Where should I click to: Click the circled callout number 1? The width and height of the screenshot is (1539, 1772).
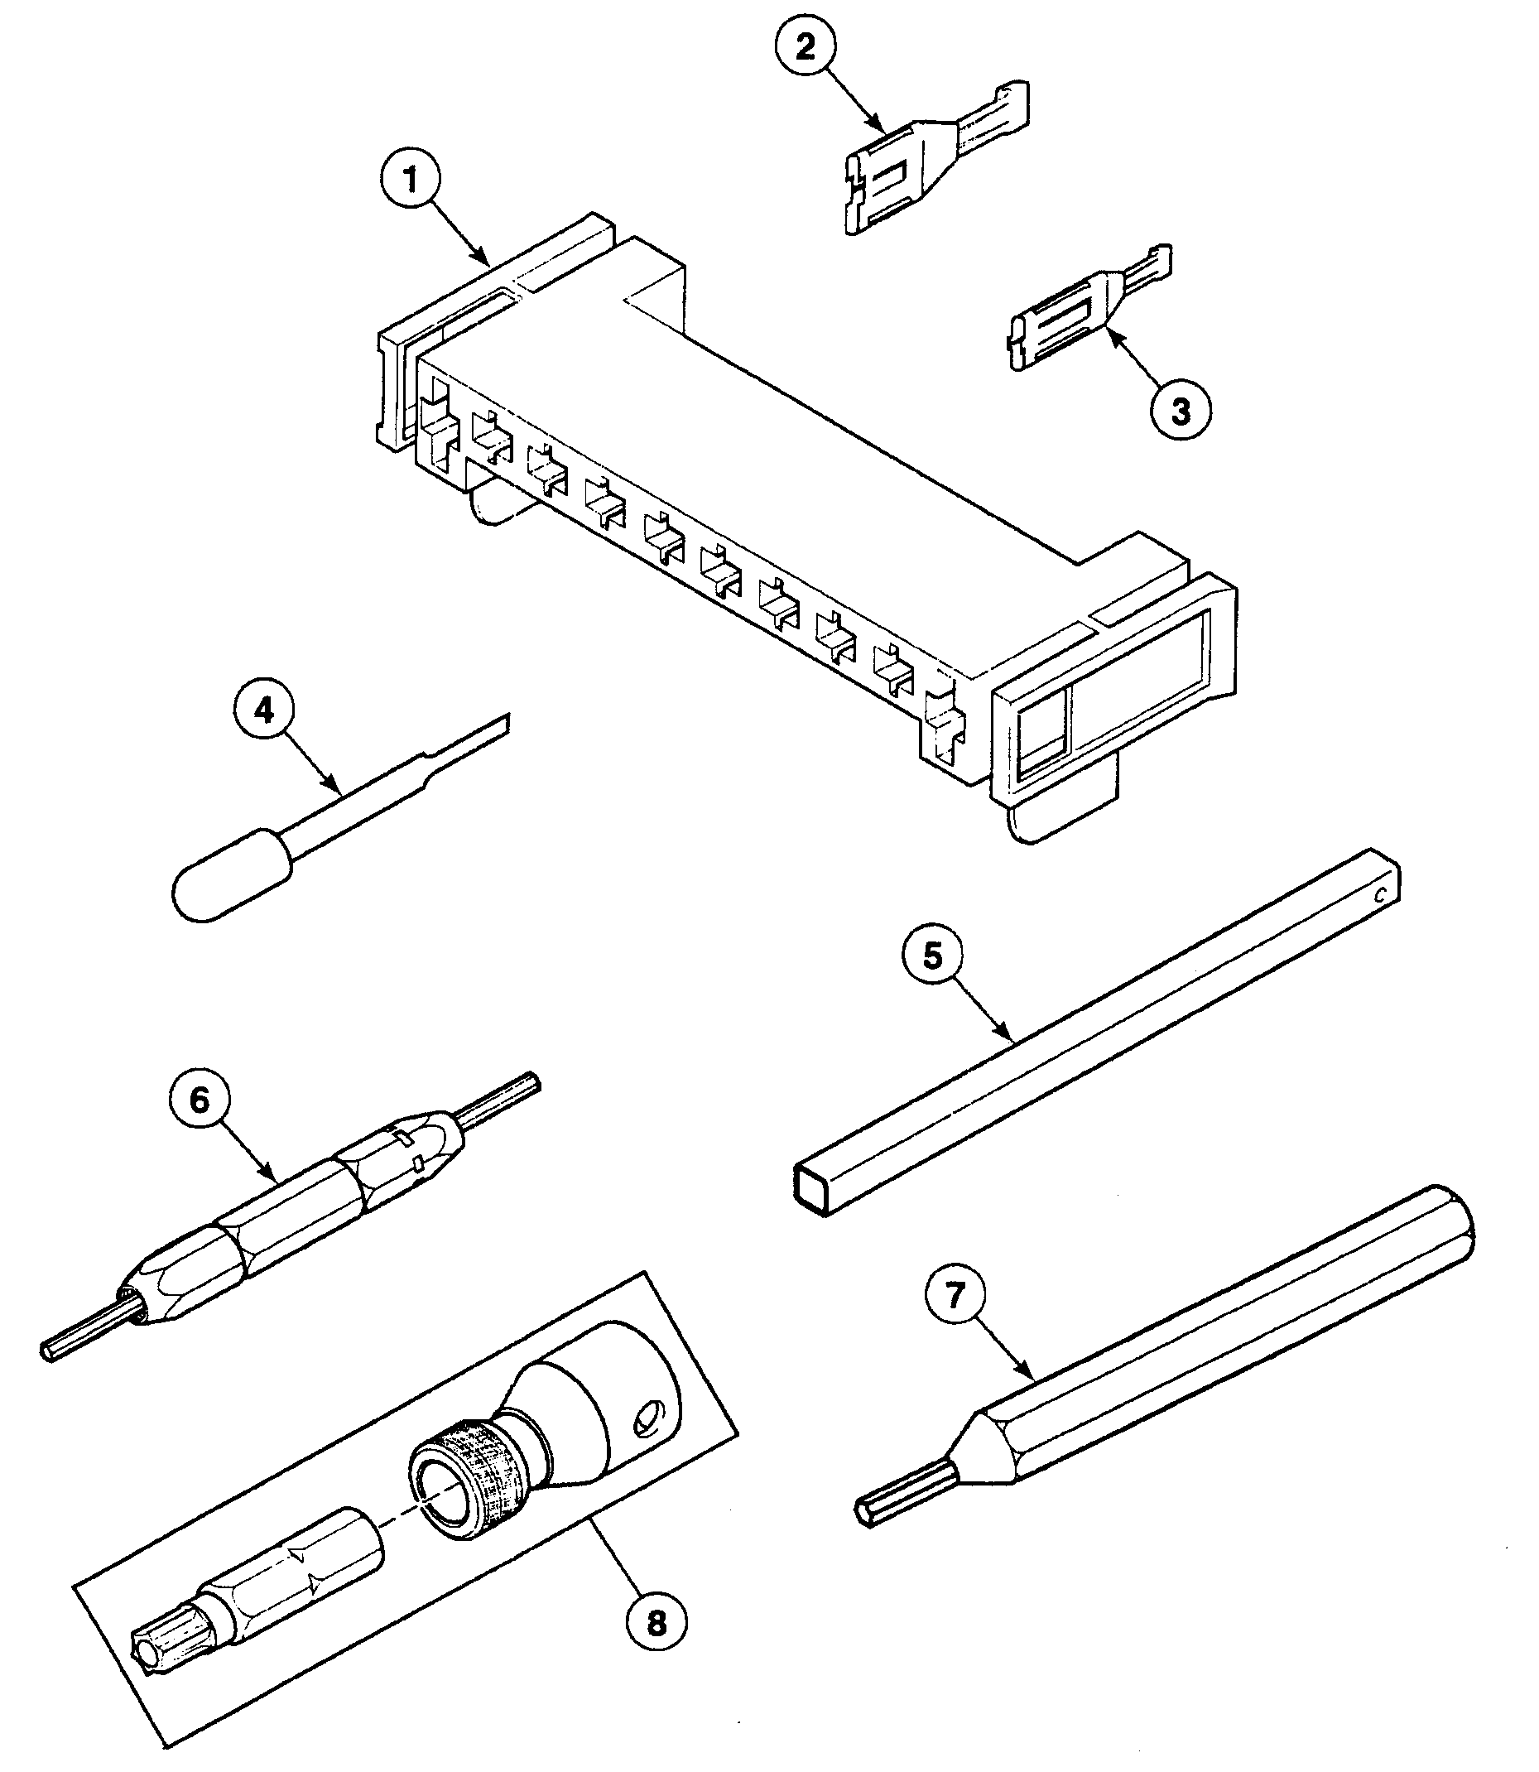[x=411, y=181]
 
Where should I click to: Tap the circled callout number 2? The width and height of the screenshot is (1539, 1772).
[x=805, y=47]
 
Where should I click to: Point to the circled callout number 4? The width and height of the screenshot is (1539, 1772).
[x=263, y=710]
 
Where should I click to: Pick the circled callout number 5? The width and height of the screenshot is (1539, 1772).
[x=933, y=956]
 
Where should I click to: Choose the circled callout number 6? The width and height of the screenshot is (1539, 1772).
[x=200, y=1100]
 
